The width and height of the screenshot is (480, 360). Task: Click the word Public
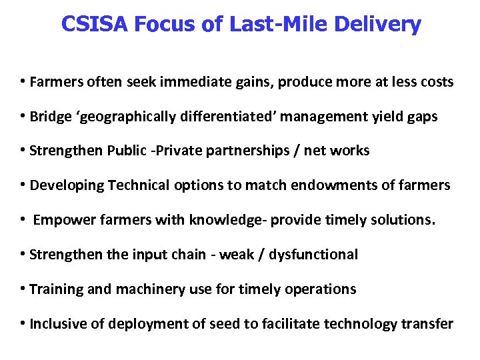point(125,151)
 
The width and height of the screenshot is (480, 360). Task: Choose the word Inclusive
point(58,324)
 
